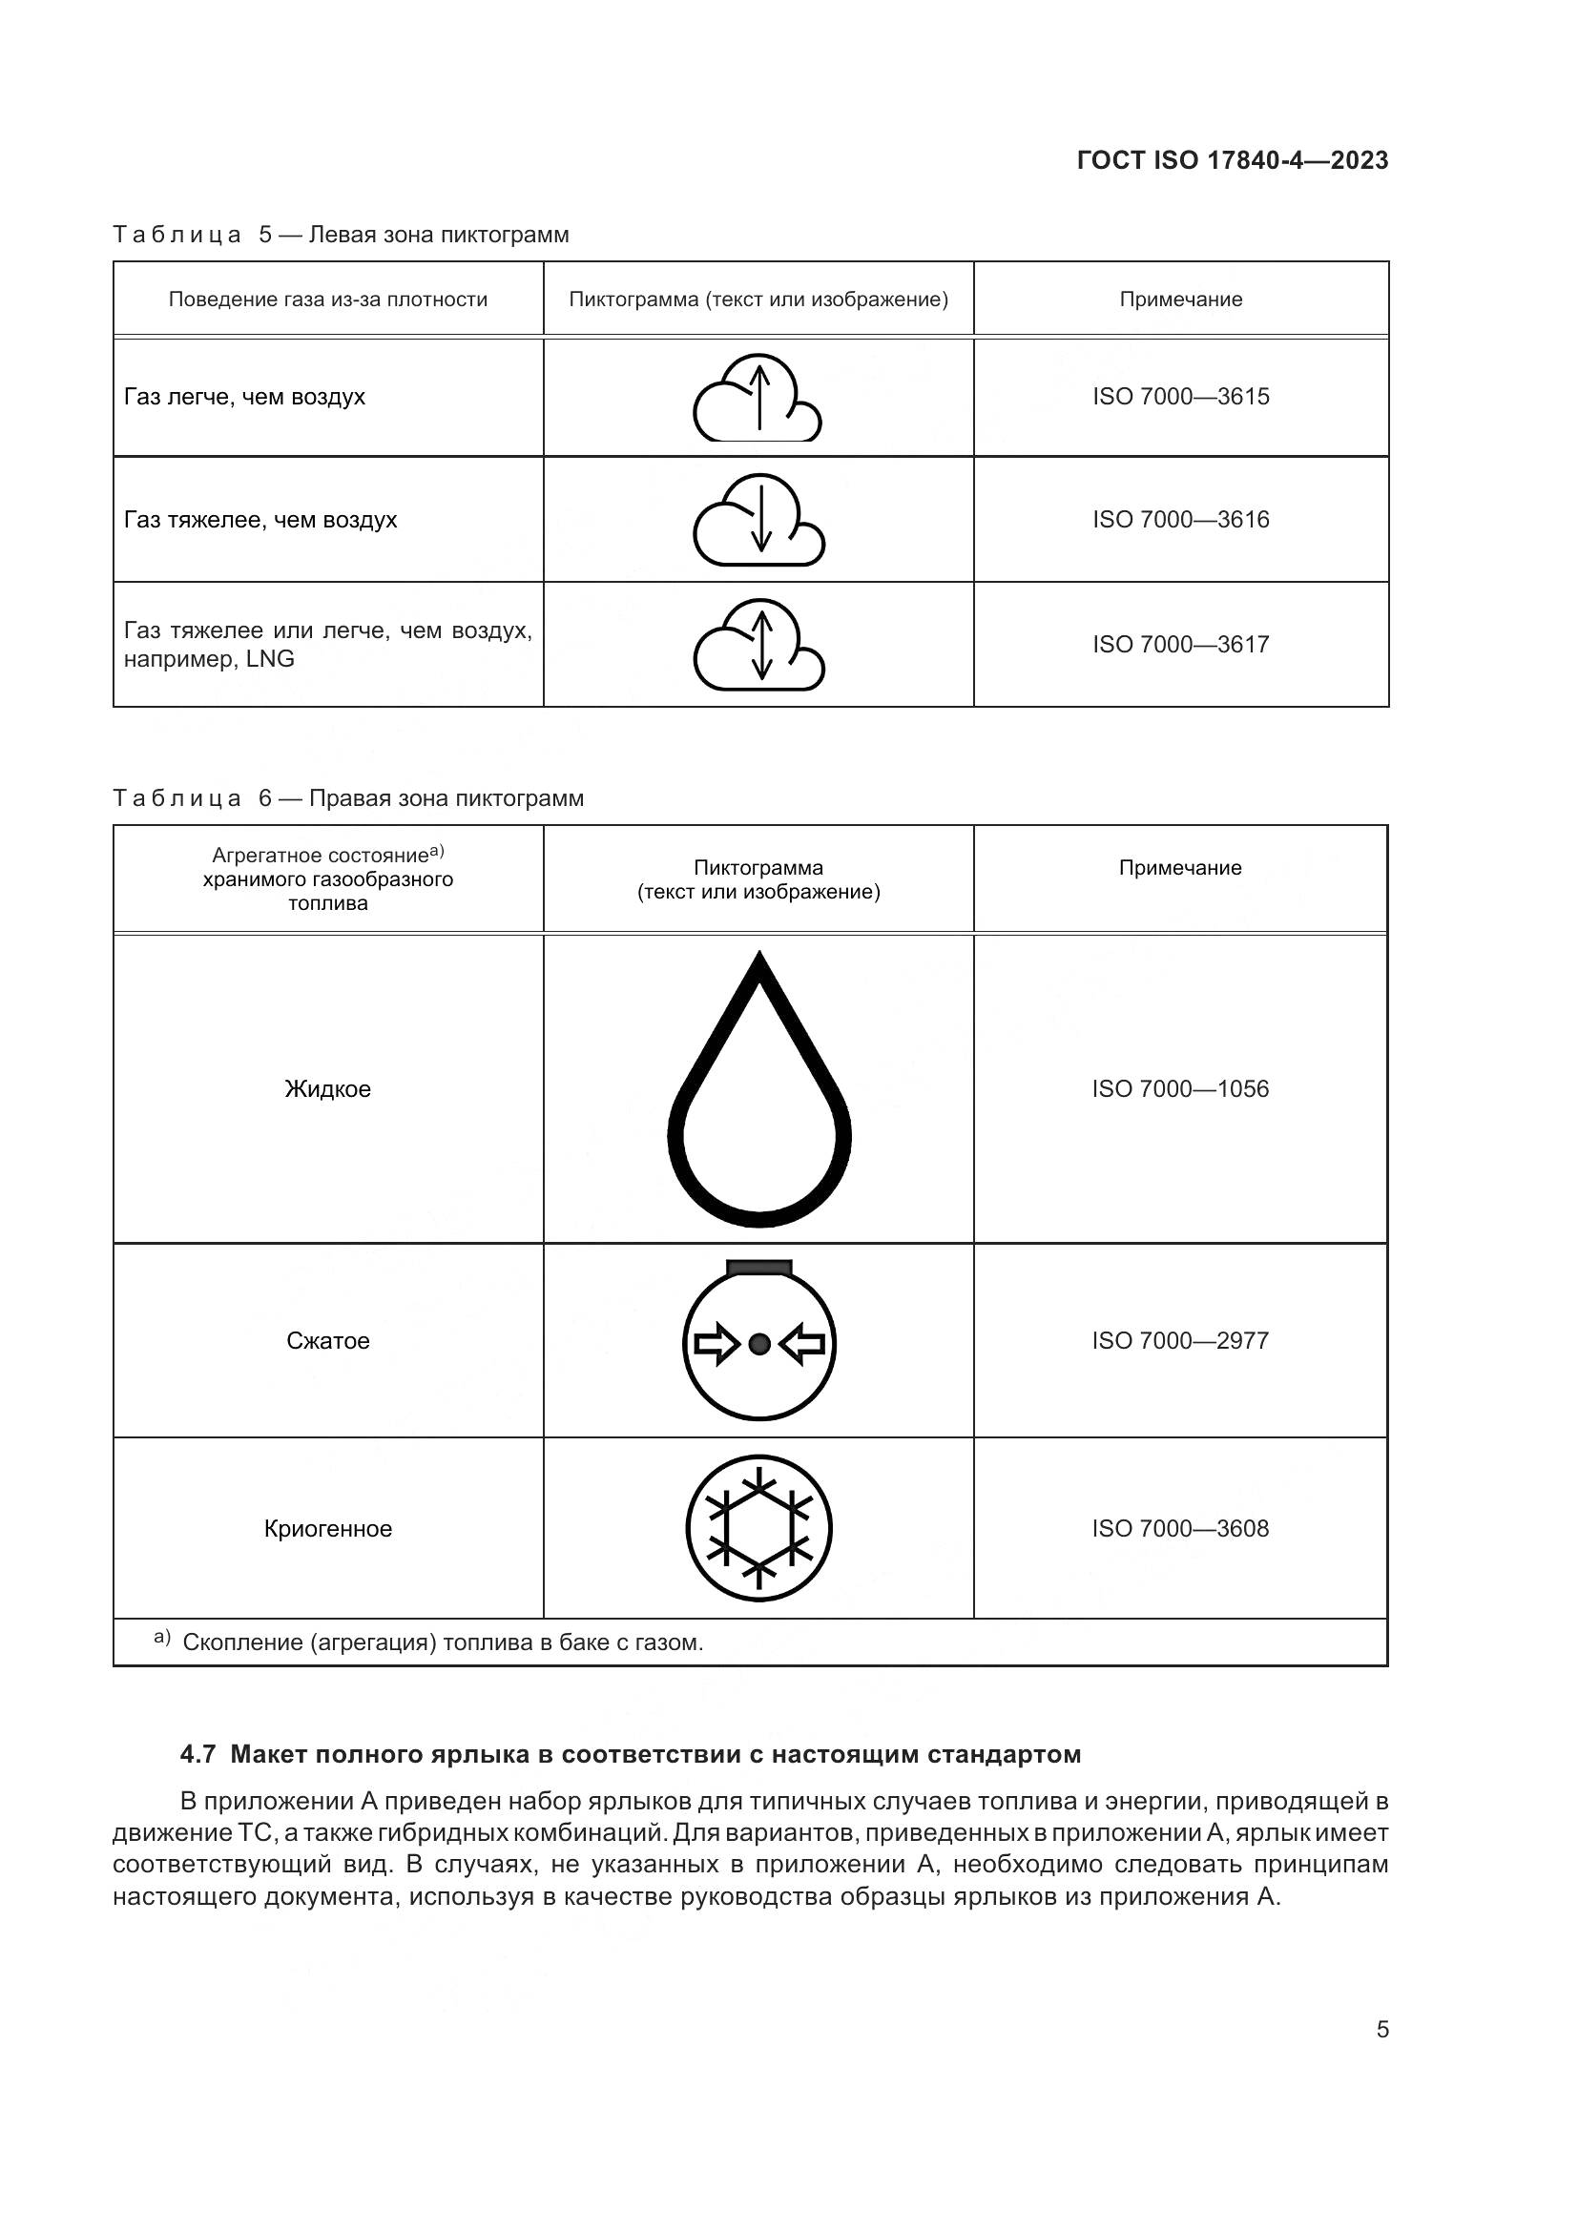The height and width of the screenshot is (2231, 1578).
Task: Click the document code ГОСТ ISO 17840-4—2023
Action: [1232, 160]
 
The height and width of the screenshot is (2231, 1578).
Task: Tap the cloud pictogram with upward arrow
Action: [758, 398]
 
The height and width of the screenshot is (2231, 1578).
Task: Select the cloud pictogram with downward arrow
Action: [758, 520]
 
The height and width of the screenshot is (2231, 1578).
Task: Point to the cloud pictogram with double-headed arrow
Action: [758, 645]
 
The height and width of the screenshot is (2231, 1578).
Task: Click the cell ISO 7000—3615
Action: [1180, 397]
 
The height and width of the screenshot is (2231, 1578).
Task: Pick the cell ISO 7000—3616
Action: [1180, 520]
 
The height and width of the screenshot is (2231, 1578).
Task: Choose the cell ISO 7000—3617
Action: [1180, 644]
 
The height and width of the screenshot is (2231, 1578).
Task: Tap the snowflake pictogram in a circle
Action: [758, 1528]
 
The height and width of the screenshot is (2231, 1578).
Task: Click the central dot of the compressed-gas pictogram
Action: [759, 1344]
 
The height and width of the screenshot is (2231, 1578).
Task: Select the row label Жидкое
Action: [327, 1089]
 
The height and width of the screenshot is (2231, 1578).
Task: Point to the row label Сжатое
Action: [327, 1341]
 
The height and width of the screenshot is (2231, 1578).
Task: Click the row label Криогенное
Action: [327, 1528]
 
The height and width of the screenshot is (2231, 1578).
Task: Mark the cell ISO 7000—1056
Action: [1180, 1089]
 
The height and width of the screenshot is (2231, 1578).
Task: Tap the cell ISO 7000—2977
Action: [1180, 1341]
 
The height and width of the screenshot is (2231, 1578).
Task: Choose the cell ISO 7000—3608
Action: [1180, 1528]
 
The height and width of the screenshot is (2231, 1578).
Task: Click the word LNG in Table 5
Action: [270, 659]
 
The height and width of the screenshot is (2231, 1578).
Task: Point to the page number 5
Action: [1382, 2029]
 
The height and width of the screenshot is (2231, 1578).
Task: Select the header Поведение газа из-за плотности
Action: [327, 300]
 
